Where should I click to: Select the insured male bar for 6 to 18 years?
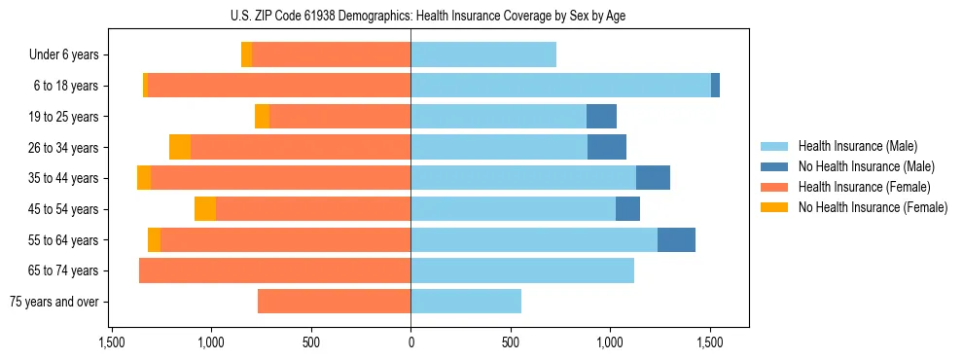tap(560, 86)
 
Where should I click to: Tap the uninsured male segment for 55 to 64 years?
tap(676, 239)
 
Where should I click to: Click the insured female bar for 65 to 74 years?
tap(274, 270)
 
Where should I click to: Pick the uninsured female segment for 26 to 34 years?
tap(180, 147)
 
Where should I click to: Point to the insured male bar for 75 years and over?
tap(466, 302)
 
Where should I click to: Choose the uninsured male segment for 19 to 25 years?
tap(601, 117)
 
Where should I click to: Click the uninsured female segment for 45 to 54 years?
tap(205, 209)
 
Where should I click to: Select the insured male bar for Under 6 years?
tap(483, 54)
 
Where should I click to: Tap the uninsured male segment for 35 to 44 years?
tap(653, 178)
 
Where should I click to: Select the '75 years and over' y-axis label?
tap(53, 302)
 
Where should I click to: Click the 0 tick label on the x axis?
tap(410, 342)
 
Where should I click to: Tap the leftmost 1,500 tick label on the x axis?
tap(112, 342)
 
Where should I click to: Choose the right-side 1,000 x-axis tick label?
tap(610, 342)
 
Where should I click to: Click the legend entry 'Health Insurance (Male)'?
tap(858, 146)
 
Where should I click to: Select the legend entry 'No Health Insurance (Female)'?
tap(873, 207)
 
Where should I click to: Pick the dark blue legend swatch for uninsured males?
tap(774, 166)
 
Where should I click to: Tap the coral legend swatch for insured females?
tap(774, 187)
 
